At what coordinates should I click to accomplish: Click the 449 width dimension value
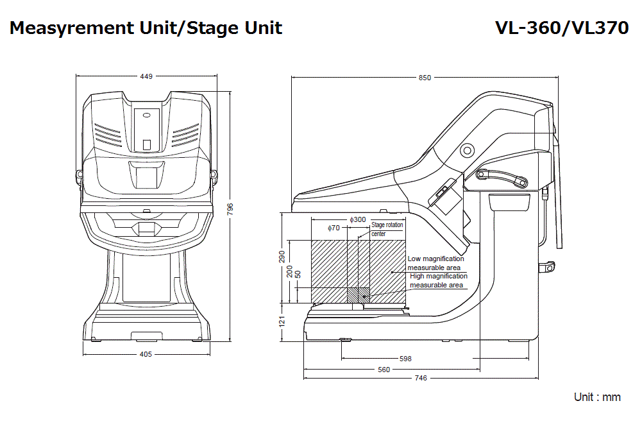146,76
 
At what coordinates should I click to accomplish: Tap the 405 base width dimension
146,354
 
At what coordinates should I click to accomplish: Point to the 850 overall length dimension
425,78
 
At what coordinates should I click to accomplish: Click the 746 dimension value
420,378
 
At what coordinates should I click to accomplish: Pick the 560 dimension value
384,370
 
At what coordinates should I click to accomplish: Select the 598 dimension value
405,359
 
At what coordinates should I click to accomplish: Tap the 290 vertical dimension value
282,257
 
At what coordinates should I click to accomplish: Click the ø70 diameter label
334,228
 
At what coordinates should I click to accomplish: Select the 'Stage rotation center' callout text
387,229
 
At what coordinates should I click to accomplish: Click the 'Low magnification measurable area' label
435,263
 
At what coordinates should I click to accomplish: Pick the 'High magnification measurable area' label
438,280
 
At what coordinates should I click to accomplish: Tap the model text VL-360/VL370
561,28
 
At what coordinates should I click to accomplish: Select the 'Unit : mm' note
596,397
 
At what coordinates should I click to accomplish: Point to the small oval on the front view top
147,116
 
